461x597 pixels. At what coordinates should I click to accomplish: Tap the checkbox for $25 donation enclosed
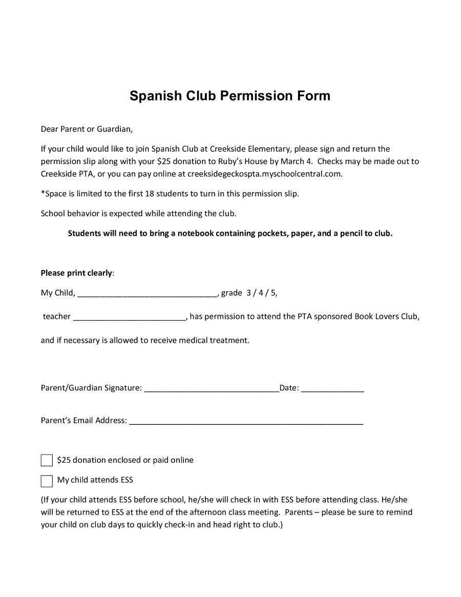click(47, 460)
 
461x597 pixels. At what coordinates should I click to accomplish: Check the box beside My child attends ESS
click(47, 481)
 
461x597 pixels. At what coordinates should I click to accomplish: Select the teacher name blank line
click(130, 317)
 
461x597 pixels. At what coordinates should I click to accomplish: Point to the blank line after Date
click(332, 388)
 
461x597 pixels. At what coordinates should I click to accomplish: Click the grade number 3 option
click(249, 293)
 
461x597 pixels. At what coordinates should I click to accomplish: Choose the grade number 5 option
click(274, 293)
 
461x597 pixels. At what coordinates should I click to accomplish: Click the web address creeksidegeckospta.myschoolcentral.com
click(264, 174)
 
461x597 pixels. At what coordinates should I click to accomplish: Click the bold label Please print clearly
click(76, 273)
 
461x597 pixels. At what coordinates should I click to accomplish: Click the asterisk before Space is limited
click(43, 193)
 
